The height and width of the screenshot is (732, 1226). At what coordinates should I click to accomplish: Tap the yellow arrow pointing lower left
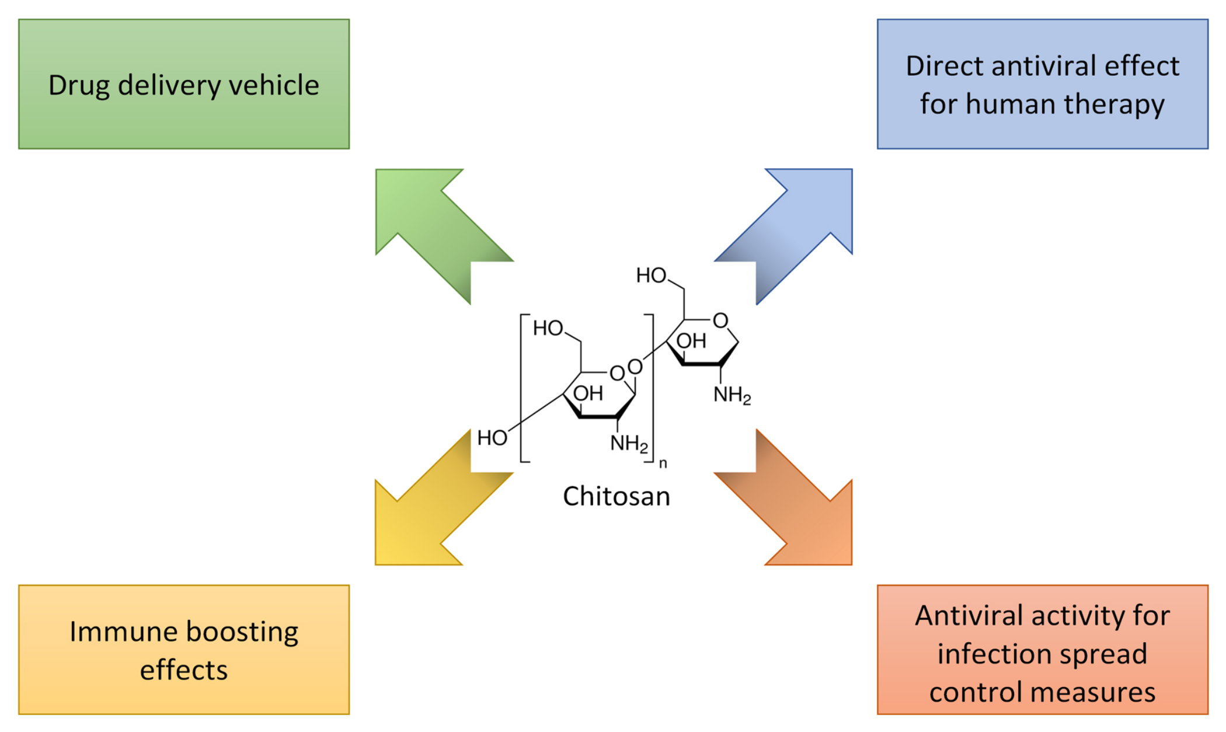(435, 508)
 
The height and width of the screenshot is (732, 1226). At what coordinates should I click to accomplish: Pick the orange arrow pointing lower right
(794, 508)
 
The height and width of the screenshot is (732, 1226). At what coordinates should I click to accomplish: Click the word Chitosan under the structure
(616, 496)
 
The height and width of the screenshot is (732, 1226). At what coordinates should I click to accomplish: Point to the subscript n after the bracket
(663, 463)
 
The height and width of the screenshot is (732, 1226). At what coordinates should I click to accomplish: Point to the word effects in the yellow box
(183, 670)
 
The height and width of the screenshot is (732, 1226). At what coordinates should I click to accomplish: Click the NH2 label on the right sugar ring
(732, 395)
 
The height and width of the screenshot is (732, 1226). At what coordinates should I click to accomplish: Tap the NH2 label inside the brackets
(629, 444)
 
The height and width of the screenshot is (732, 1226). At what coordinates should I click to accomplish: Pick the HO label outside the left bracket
(492, 438)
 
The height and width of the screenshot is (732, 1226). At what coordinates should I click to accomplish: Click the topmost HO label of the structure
(651, 275)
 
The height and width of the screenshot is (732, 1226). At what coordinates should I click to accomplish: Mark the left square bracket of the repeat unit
(523, 388)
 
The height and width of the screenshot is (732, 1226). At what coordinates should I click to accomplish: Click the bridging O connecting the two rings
(635, 367)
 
